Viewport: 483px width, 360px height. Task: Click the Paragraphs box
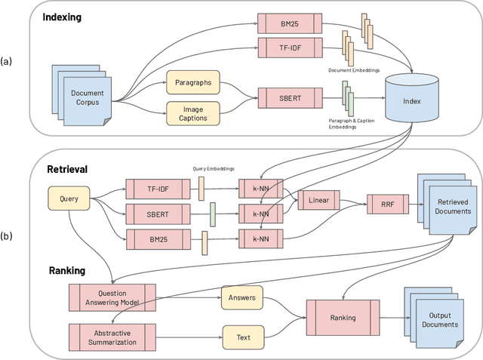(192, 82)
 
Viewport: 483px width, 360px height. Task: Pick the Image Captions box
(192, 113)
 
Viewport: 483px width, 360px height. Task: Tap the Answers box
(242, 298)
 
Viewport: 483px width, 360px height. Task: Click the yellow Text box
(242, 336)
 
